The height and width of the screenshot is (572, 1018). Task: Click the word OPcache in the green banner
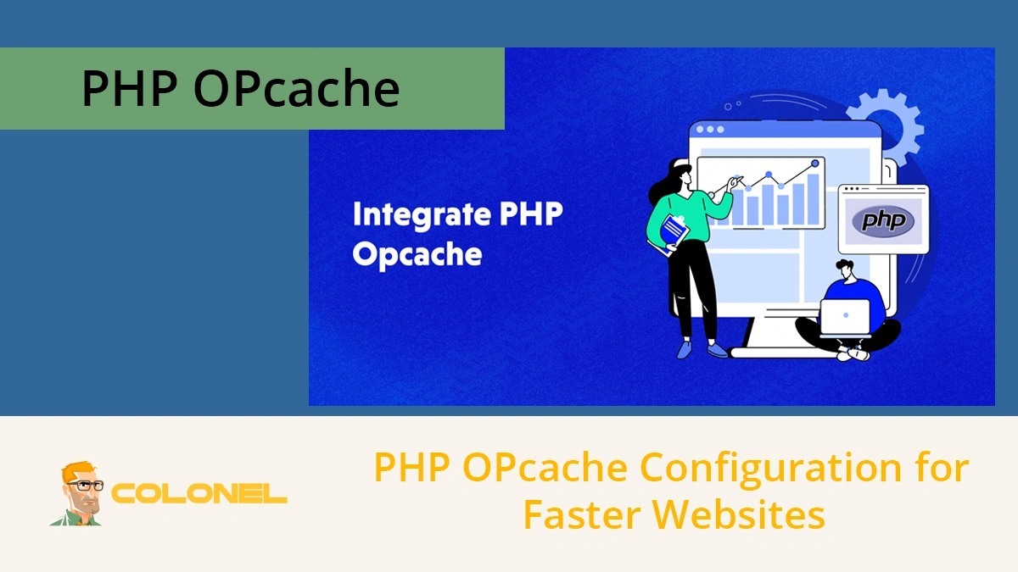296,89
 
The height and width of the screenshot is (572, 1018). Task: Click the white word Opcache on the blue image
417,254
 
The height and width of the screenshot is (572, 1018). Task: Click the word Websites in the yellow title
738,514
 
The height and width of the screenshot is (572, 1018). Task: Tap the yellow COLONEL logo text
199,493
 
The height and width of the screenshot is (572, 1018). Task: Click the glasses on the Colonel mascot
86,486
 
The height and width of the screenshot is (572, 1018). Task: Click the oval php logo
883,221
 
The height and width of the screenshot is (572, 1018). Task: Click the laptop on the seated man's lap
846,317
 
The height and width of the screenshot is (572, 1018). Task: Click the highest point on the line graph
815,162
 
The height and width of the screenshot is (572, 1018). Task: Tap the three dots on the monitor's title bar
709,130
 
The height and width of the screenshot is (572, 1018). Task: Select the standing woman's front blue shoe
717,348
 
